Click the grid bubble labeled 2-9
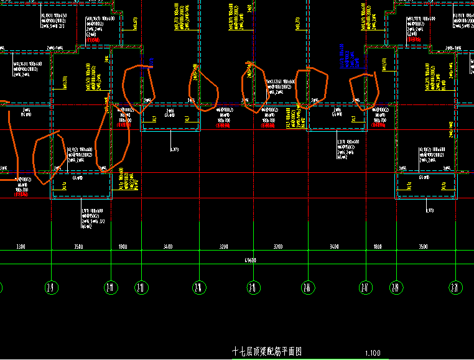tap(50, 287)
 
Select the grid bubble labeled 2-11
tap(110, 287)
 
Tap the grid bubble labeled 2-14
tap(200, 287)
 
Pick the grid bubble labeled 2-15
tap(253, 287)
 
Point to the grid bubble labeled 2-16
tap(307, 287)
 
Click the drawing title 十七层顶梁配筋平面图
tap(266, 351)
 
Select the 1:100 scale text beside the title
tap(373, 353)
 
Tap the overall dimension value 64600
tap(250, 260)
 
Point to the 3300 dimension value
tap(21, 247)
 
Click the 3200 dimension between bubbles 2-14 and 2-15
tap(225, 247)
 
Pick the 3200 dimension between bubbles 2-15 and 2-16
tap(279, 247)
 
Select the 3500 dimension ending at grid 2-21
tap(424, 247)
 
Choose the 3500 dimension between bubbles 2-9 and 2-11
tap(78, 247)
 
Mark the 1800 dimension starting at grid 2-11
tap(123, 247)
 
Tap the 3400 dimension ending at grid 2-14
tap(168, 247)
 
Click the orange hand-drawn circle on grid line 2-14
tap(203, 88)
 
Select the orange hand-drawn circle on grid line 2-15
tap(255, 87)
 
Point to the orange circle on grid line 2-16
tap(311, 88)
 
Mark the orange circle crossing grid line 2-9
tap(45, 159)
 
